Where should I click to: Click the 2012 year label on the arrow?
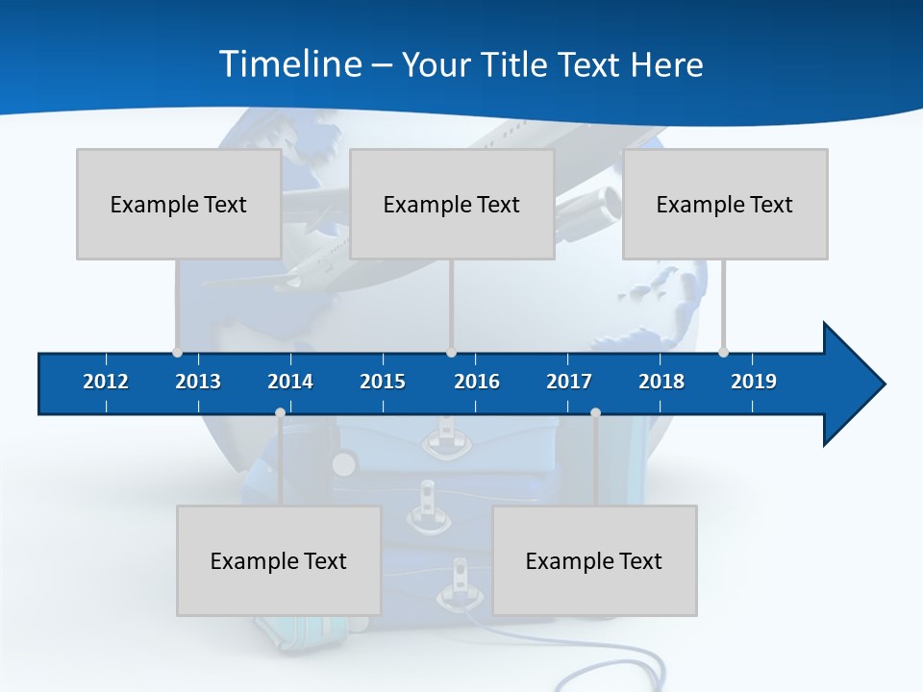(106, 382)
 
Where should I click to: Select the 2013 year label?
(198, 382)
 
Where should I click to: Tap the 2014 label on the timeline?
(290, 382)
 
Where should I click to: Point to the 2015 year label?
(383, 382)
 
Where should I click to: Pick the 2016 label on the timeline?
(477, 382)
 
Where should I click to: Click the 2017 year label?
(569, 382)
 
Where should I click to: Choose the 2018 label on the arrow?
(661, 382)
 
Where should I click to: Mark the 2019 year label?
(754, 382)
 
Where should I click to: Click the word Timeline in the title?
(288, 64)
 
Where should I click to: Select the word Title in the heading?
(516, 64)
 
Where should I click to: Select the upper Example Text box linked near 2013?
(179, 204)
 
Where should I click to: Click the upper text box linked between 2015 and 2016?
(452, 204)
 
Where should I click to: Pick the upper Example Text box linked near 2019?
(725, 204)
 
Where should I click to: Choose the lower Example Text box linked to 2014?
(279, 560)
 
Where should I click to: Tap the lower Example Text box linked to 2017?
(594, 560)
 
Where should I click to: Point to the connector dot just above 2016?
(452, 353)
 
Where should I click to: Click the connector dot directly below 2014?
(280, 413)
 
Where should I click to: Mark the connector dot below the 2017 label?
(595, 413)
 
